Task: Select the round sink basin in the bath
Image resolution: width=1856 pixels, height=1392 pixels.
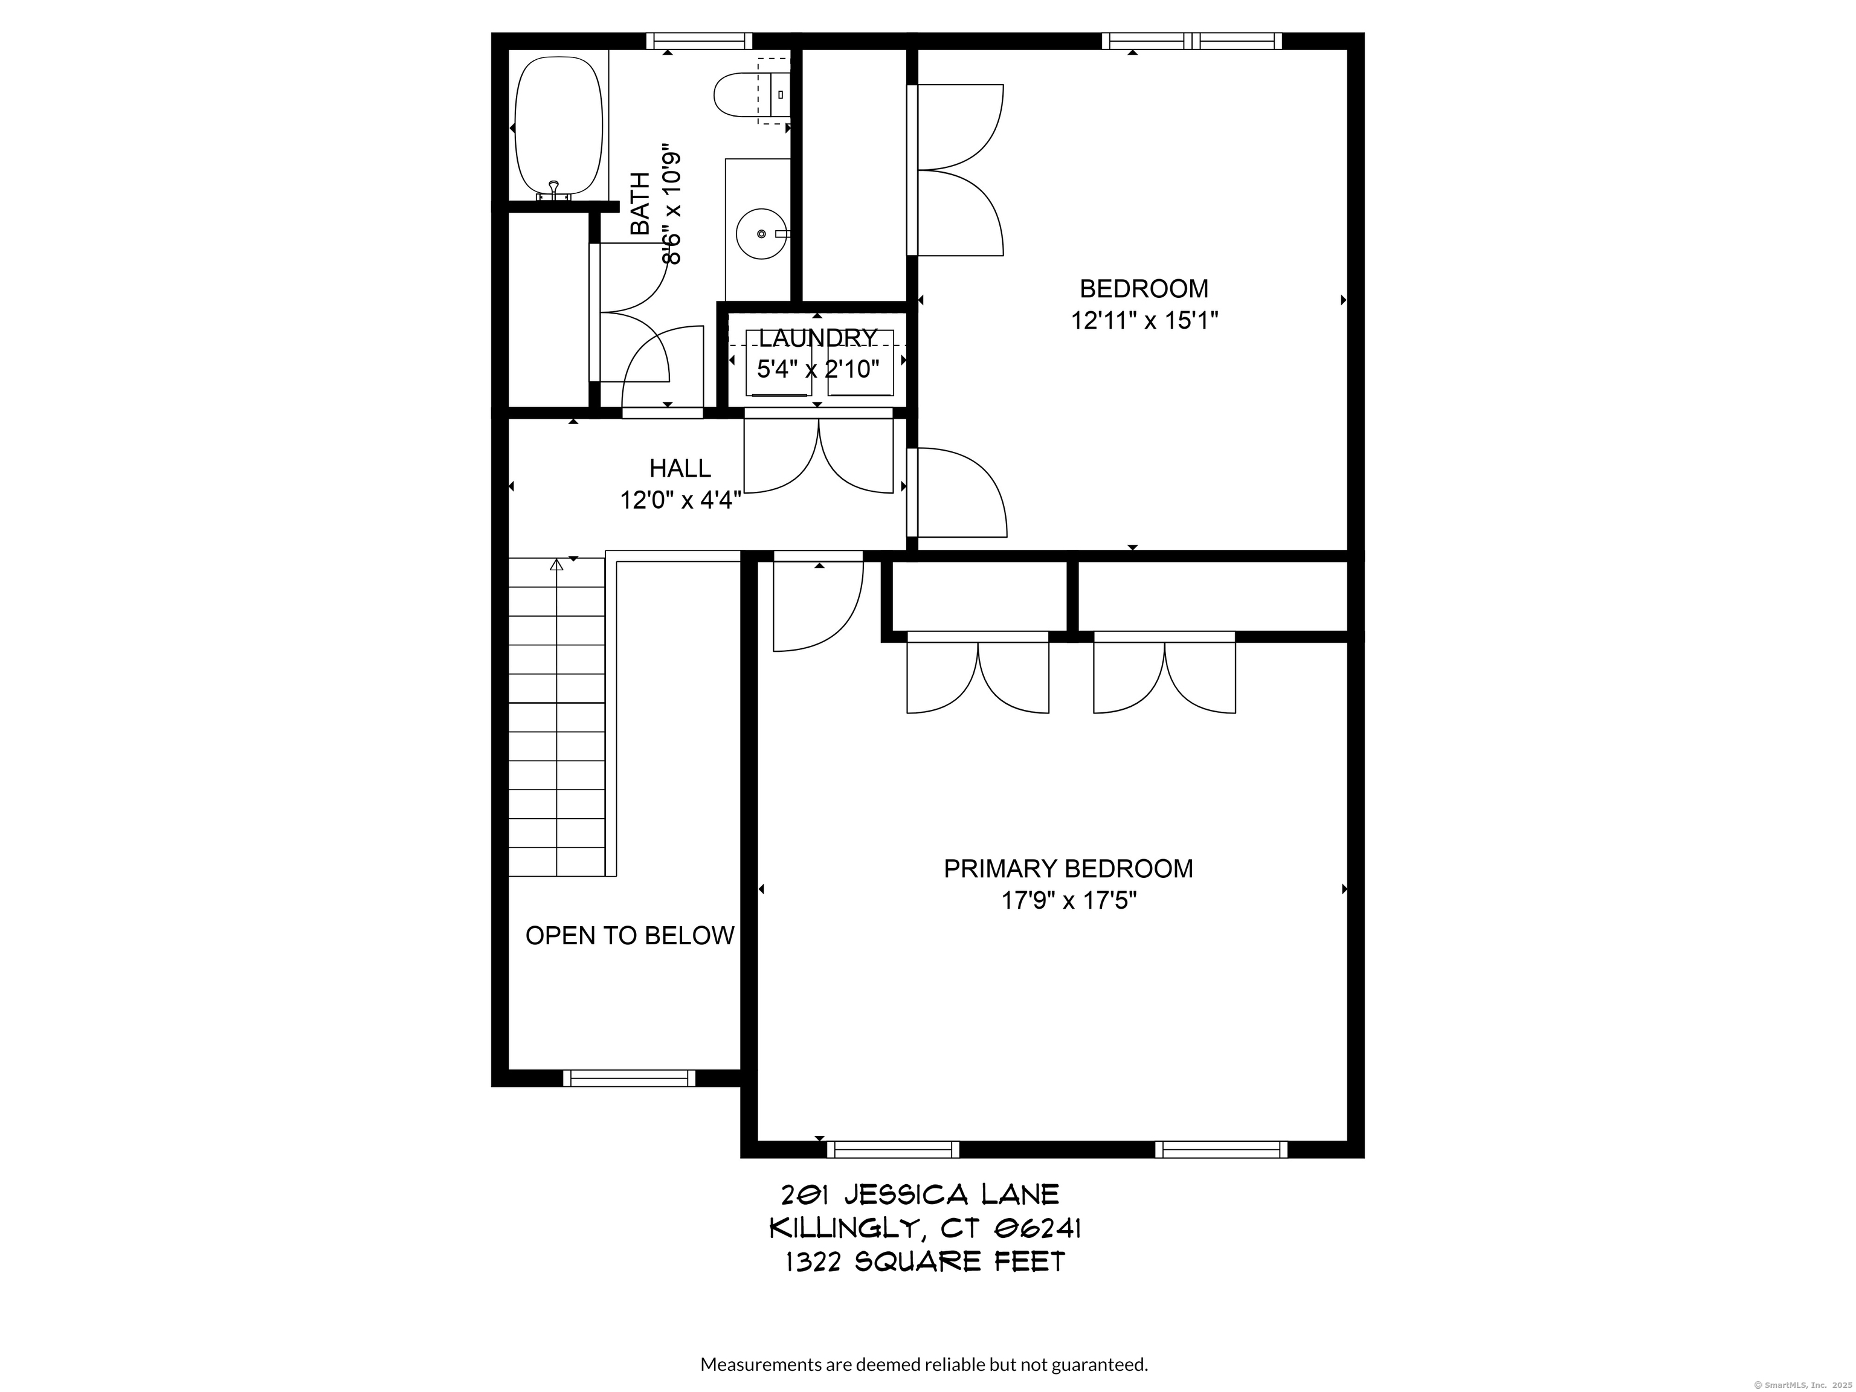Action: pyautogui.click(x=762, y=233)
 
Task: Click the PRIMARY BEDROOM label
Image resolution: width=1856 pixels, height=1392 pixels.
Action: pyautogui.click(x=1068, y=868)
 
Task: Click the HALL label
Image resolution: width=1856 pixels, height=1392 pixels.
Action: pyautogui.click(x=680, y=468)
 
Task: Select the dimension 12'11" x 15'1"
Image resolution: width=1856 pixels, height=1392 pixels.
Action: pyautogui.click(x=1144, y=321)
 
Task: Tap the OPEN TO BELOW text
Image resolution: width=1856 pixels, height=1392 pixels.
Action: pyautogui.click(x=630, y=935)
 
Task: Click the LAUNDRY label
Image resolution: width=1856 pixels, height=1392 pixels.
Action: pyautogui.click(x=817, y=337)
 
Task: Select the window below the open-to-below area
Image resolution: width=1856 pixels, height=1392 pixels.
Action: pyautogui.click(x=630, y=1078)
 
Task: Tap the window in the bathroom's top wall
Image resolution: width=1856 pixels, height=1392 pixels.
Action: pyautogui.click(x=699, y=41)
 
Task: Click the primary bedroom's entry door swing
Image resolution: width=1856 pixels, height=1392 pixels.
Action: pyautogui.click(x=818, y=606)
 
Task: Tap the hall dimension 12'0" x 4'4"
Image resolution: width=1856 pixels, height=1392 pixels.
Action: pyautogui.click(x=680, y=501)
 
